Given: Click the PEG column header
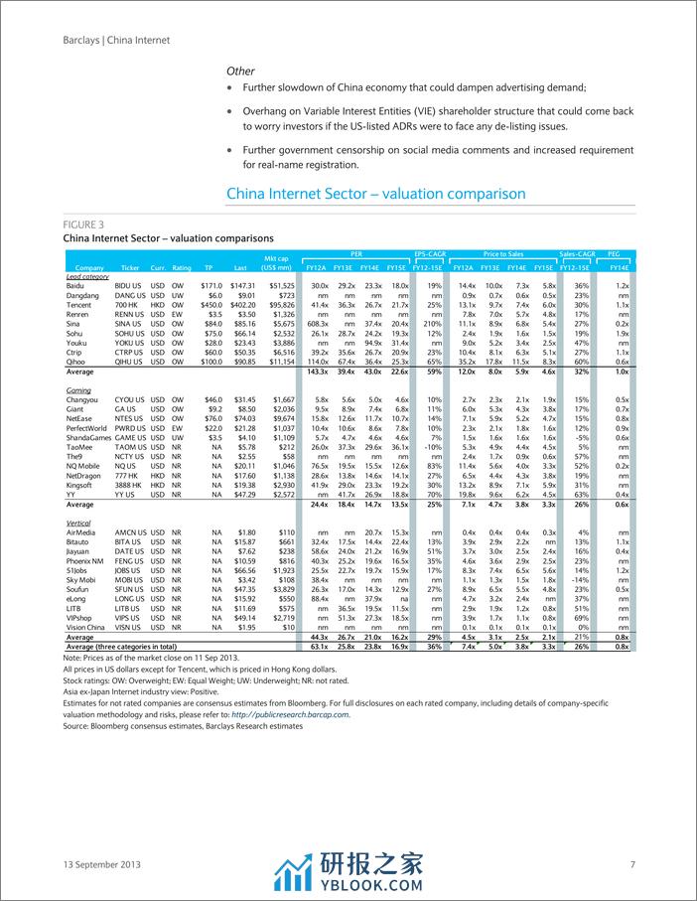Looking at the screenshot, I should point(619,256).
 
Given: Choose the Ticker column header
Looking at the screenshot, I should point(131,268).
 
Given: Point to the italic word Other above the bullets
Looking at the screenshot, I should point(240,72).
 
